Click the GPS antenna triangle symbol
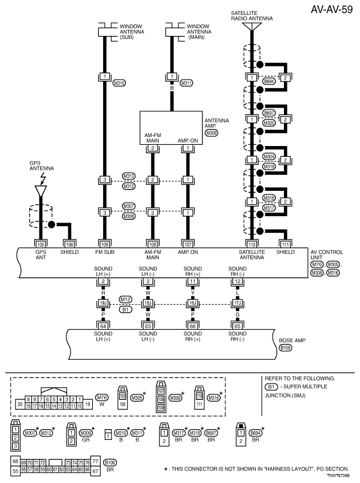click(x=41, y=190)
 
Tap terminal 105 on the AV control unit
click(x=41, y=244)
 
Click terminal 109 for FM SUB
click(x=104, y=244)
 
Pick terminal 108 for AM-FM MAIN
click(x=153, y=244)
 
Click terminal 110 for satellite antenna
click(x=252, y=244)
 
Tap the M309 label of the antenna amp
click(x=211, y=132)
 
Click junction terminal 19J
click(x=104, y=303)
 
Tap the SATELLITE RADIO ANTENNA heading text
click(x=252, y=14)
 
